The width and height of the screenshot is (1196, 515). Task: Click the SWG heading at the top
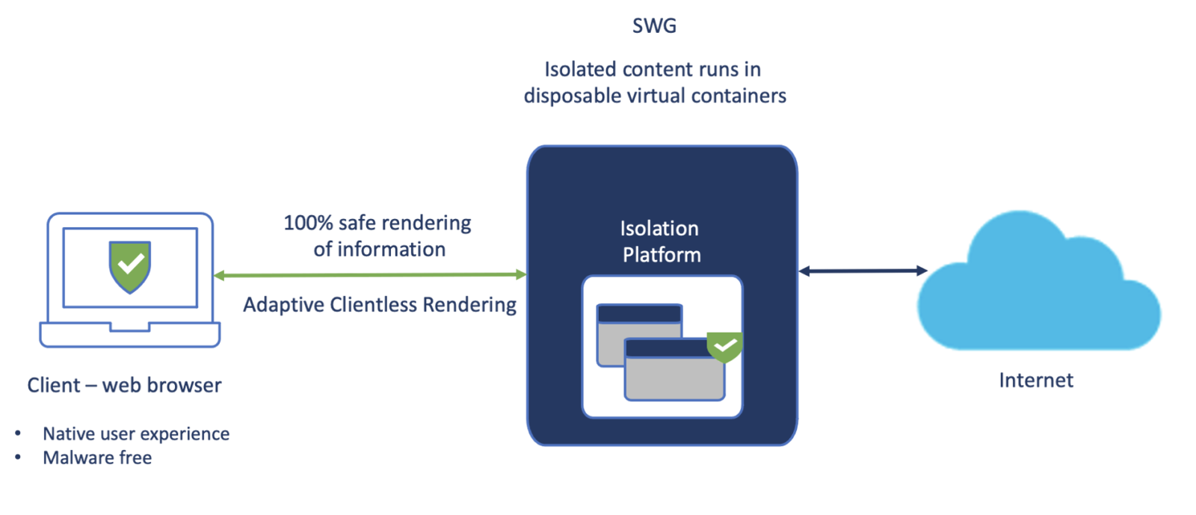tap(654, 25)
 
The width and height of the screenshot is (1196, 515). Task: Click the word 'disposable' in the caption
tap(566, 96)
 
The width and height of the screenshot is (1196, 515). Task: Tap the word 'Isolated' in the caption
tap(580, 70)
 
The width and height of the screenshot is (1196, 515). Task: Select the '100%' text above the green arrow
tap(308, 223)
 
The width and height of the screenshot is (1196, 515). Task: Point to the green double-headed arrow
tap(370, 275)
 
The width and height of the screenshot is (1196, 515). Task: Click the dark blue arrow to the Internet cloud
tap(863, 271)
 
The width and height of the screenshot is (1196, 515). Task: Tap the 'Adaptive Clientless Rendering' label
tap(380, 305)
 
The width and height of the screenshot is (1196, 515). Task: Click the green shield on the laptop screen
tap(130, 266)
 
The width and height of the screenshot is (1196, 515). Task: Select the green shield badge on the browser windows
tap(724, 345)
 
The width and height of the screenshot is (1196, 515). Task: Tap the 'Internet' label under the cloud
tap(1035, 380)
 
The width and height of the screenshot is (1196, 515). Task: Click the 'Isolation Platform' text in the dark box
tap(661, 241)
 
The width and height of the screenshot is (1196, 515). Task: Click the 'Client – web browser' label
tap(124, 385)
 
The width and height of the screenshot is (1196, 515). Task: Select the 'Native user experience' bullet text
tap(136, 434)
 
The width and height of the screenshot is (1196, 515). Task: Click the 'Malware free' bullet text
tap(97, 457)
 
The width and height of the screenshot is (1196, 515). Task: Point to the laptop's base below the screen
tap(130, 335)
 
